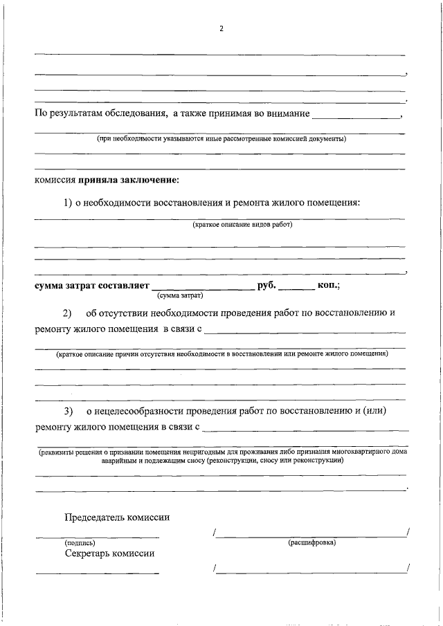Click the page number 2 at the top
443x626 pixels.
(x=221, y=29)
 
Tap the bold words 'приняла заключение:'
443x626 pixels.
(x=129, y=180)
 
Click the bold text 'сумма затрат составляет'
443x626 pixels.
(x=91, y=285)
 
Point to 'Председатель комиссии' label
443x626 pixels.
(x=117, y=517)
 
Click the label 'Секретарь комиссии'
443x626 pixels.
(x=110, y=553)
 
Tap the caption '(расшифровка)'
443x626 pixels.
(x=311, y=542)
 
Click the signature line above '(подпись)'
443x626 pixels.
(x=97, y=537)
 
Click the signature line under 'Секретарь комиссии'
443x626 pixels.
(x=97, y=573)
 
